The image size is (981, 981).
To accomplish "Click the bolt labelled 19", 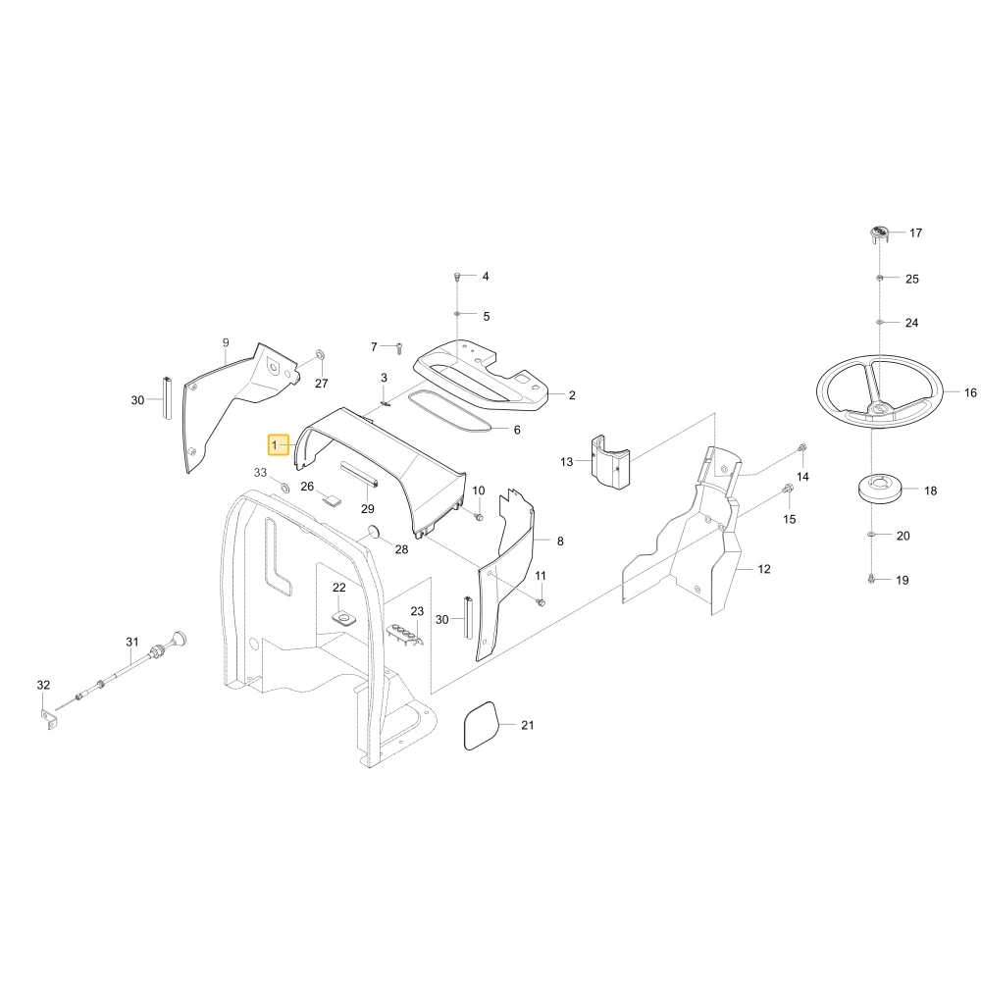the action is tap(871, 580).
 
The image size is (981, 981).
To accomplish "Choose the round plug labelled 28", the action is tap(374, 532).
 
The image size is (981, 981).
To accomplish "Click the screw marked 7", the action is tap(399, 348).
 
